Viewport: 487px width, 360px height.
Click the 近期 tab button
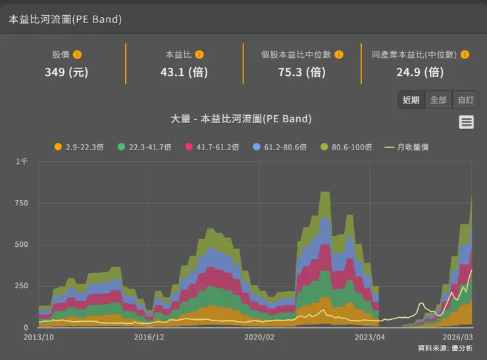pos(411,100)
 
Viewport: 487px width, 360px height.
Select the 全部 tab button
pos(438,100)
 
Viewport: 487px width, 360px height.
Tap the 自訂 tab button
pos(465,100)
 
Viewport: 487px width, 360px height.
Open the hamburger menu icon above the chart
pos(466,122)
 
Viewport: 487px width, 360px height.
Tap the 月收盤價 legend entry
pos(407,147)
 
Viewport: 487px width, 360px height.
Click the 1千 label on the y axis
pos(22,161)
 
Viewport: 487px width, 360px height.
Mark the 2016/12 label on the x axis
pos(149,336)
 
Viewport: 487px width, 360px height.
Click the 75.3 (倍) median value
pos(302,72)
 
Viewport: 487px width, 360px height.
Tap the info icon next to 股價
pos(77,55)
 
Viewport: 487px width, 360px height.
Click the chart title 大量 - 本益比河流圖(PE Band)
pos(241,119)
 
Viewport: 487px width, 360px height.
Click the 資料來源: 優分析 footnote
pos(444,347)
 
